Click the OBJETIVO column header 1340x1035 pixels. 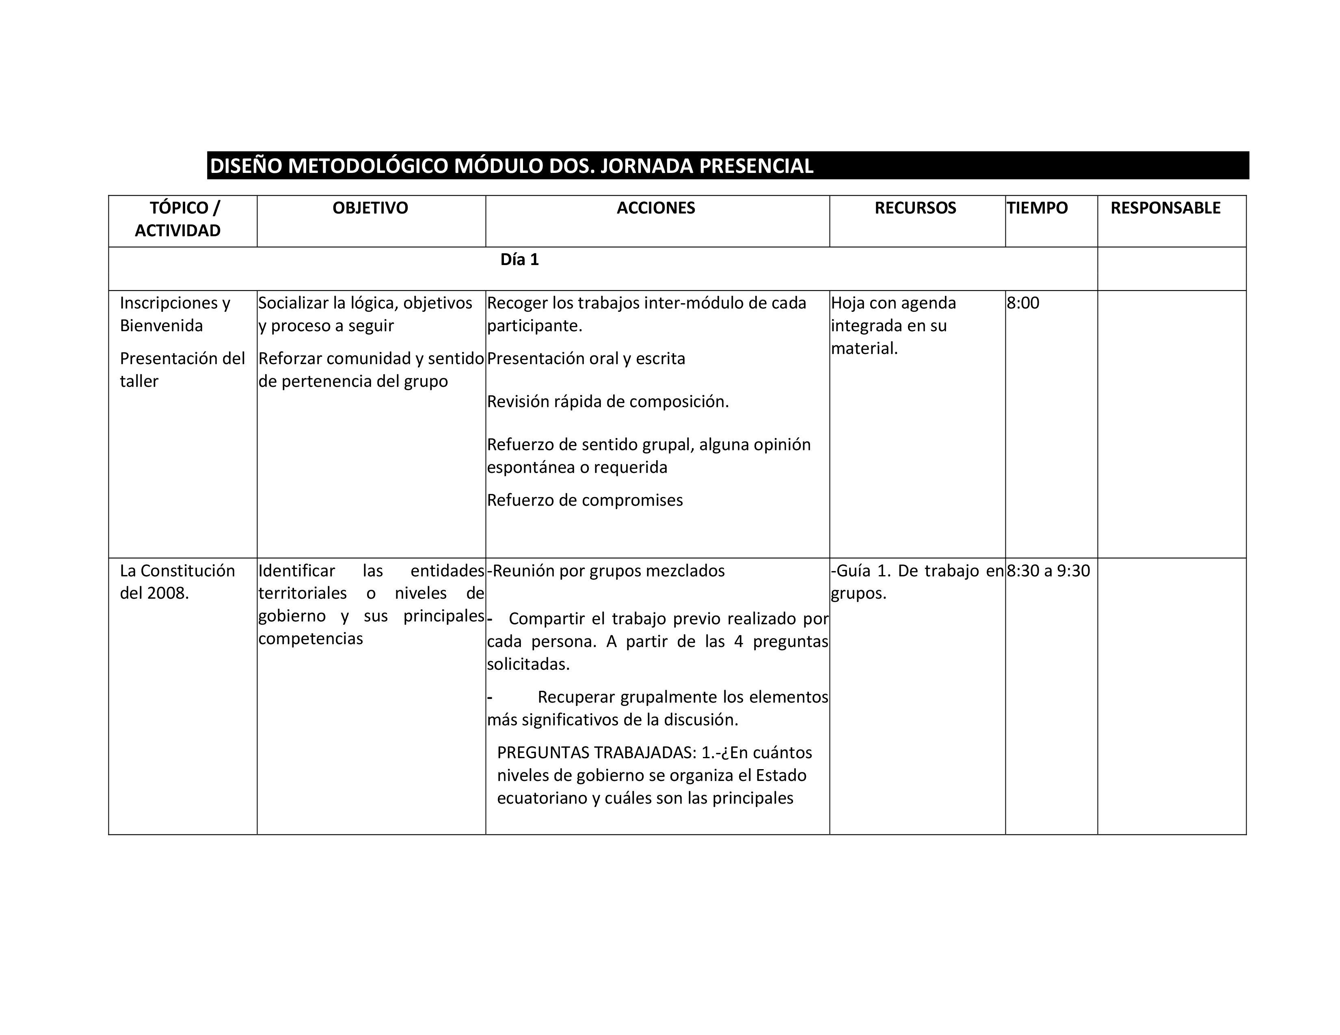[370, 208]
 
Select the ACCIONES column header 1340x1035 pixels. [656, 208]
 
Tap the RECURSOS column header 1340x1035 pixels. [915, 208]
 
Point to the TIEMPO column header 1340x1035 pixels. [1037, 208]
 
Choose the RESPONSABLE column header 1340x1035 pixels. [1165, 208]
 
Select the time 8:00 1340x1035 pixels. [1023, 303]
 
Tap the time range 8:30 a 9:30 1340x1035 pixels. [1048, 571]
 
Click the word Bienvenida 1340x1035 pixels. [161, 326]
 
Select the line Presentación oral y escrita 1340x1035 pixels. [586, 359]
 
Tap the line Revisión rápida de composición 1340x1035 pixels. [607, 401]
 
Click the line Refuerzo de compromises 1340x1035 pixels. [585, 500]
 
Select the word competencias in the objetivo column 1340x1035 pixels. [311, 639]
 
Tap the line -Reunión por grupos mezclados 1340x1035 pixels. [605, 571]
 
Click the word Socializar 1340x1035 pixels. [293, 303]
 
